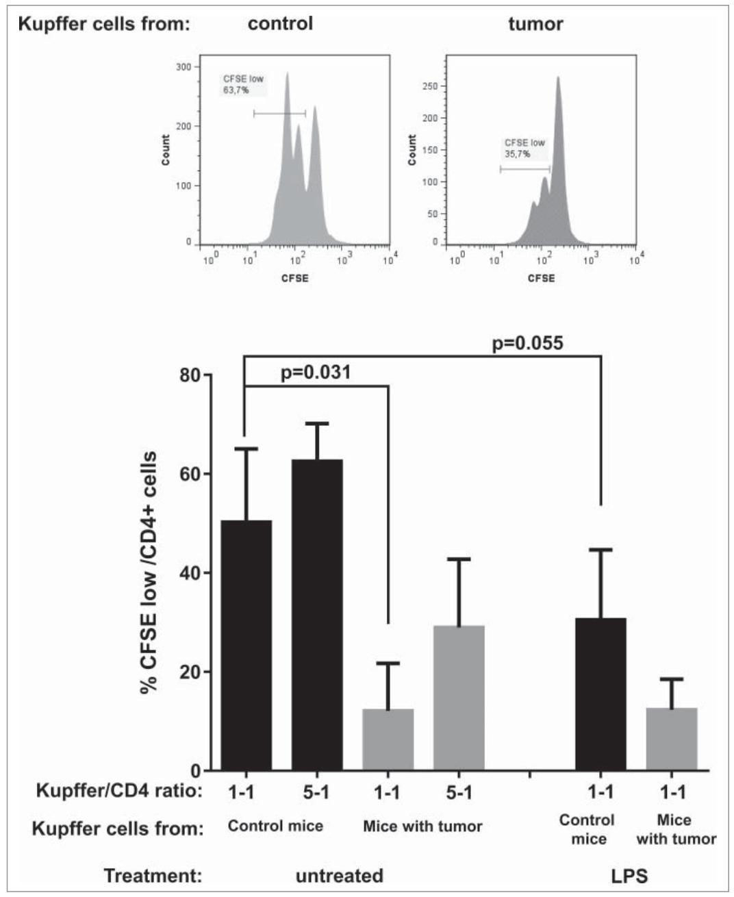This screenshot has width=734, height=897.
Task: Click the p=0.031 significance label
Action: pyautogui.click(x=316, y=372)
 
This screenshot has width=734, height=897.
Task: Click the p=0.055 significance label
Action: pyautogui.click(x=528, y=343)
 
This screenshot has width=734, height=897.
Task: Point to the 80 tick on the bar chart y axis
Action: pyautogui.click(x=189, y=376)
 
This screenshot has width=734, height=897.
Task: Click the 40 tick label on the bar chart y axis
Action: pyautogui.click(x=189, y=573)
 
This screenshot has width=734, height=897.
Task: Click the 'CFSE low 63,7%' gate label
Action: pyautogui.click(x=243, y=84)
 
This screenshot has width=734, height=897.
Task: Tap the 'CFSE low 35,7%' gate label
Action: pyautogui.click(x=524, y=148)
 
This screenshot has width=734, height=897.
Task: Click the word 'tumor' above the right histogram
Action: pyautogui.click(x=535, y=25)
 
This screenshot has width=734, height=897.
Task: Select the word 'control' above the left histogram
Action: pyautogui.click(x=280, y=24)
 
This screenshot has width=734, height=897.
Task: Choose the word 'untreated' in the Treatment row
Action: pyautogui.click(x=339, y=876)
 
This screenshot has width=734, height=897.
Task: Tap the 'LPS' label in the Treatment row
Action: pyautogui.click(x=629, y=876)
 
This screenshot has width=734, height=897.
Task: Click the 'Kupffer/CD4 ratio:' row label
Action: pyautogui.click(x=119, y=792)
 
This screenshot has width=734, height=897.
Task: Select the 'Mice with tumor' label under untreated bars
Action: pyautogui.click(x=422, y=826)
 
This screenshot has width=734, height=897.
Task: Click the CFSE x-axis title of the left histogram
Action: pyautogui.click(x=295, y=279)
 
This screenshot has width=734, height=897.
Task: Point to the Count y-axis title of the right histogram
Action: pyautogui.click(x=412, y=150)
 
